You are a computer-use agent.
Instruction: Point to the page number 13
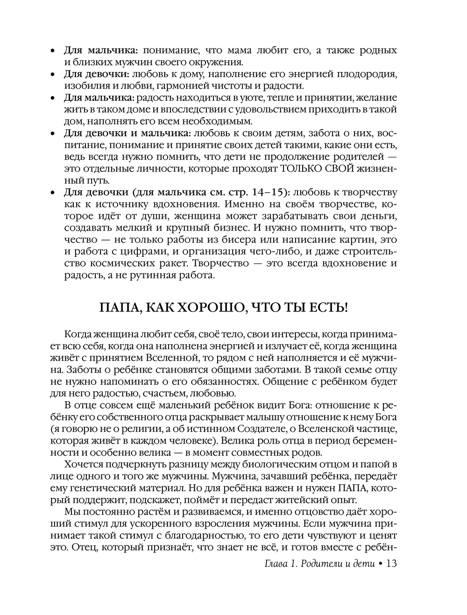[x=391, y=564]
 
